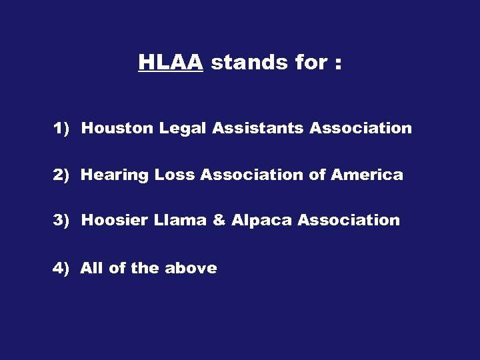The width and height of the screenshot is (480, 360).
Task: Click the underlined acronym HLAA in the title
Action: tap(170, 63)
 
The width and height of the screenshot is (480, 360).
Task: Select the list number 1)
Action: tap(61, 128)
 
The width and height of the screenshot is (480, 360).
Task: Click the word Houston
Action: tap(117, 128)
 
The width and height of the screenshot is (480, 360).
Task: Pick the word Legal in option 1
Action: tap(183, 128)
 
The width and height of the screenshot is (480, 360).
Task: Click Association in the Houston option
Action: tap(361, 128)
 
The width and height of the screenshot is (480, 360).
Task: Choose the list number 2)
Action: tap(61, 175)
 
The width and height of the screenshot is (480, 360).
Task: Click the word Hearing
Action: tap(115, 175)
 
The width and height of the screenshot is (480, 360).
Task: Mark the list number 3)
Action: tap(61, 220)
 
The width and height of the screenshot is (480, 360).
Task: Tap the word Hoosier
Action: tap(116, 220)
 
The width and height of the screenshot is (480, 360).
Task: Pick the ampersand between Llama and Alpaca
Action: tap(219, 220)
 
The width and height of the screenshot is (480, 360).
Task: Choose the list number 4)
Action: tap(61, 268)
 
